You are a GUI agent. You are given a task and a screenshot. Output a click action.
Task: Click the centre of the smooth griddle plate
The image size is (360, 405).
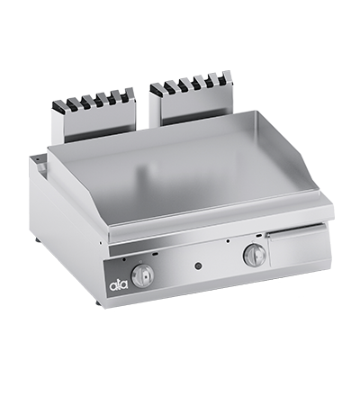tap(189, 175)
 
